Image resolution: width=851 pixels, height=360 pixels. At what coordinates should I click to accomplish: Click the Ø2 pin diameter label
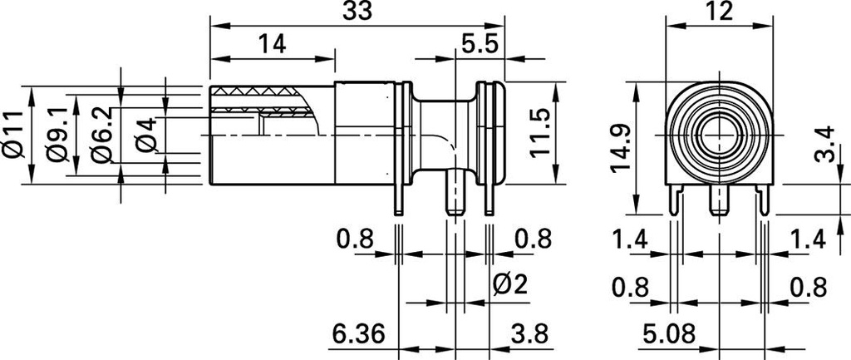(x=510, y=286)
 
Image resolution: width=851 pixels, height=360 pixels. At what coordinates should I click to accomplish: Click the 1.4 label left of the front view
(x=630, y=240)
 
